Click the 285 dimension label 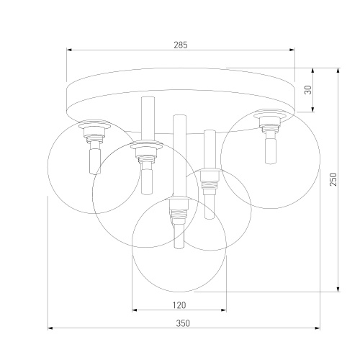tap(181, 45)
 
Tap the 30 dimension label tap(308, 90)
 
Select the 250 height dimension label tap(333, 179)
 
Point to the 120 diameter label tap(179, 305)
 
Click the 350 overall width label tap(183, 323)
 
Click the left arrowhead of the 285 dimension tap(69, 50)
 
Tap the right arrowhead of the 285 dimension tap(292, 50)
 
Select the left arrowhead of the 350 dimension tap(50, 328)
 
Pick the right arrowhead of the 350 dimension tap(317, 328)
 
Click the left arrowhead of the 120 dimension tap(135, 310)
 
